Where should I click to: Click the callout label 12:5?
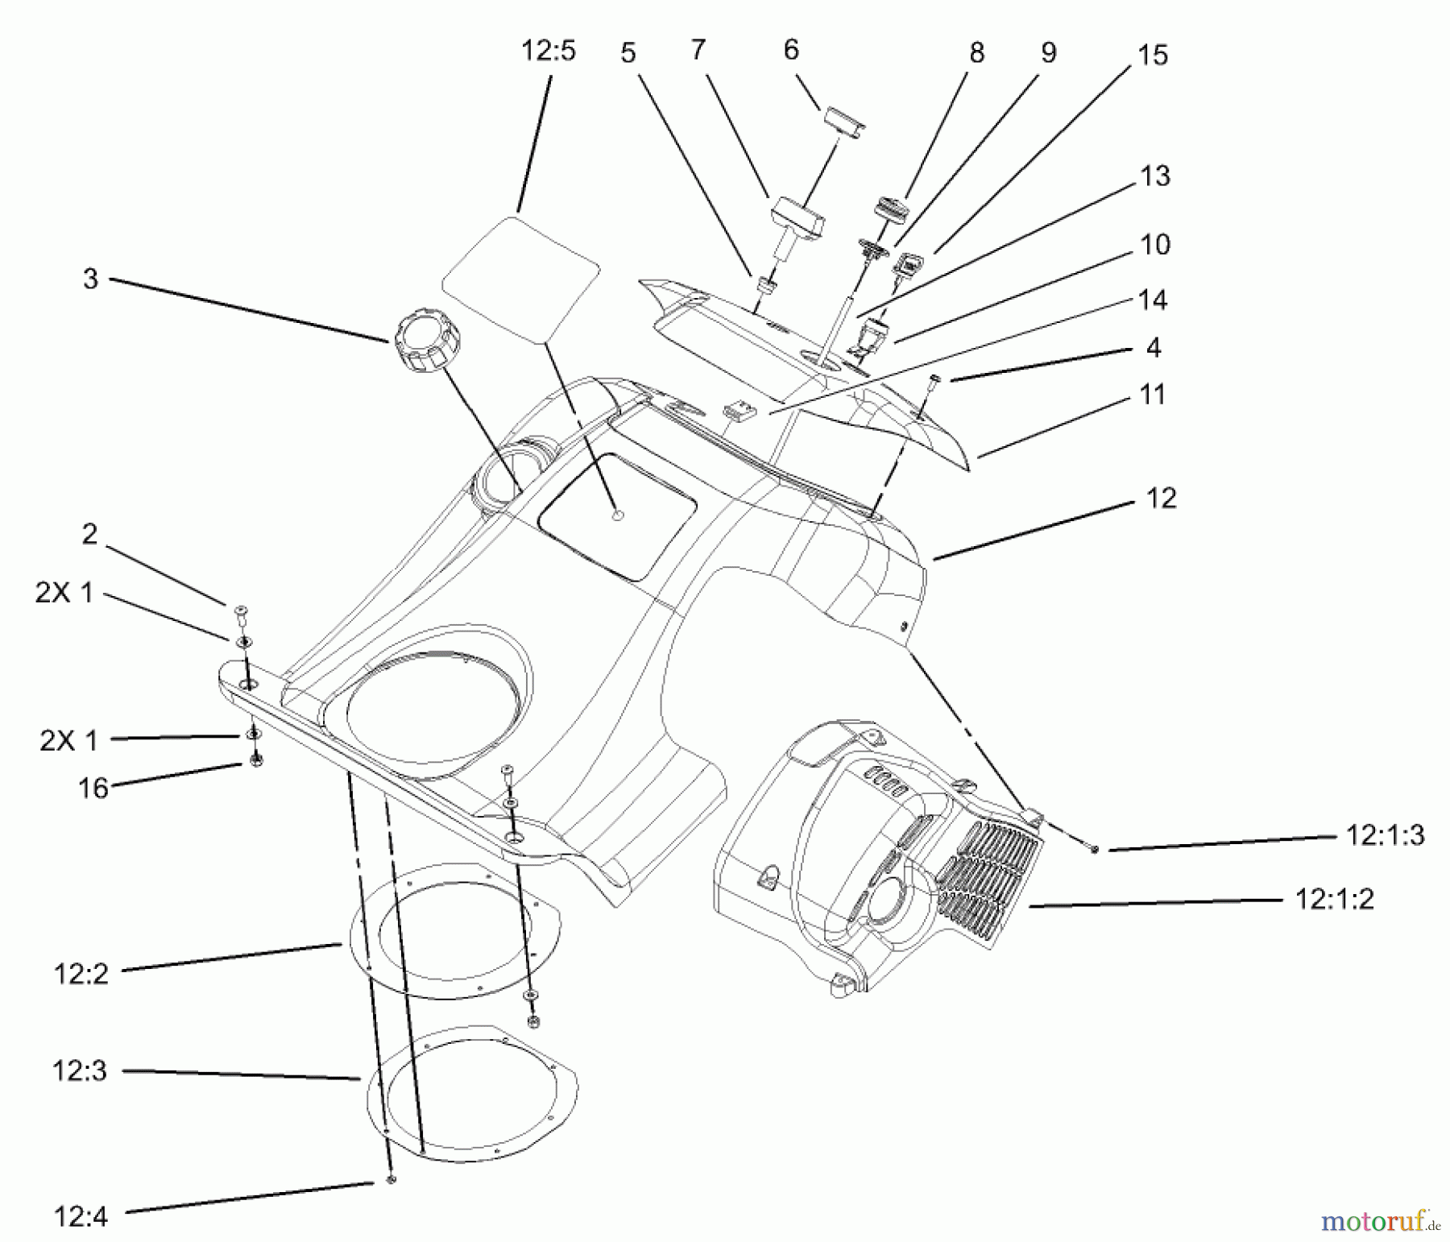tap(548, 52)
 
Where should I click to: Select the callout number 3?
tap(90, 279)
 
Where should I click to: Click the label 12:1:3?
tap(1385, 835)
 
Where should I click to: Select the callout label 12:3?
tap(80, 1071)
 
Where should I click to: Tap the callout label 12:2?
tap(81, 974)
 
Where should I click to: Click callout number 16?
tap(93, 788)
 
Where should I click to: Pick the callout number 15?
tap(1152, 56)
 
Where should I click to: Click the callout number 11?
tap(1153, 395)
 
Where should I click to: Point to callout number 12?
tap(1161, 498)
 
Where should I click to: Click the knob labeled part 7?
tap(797, 218)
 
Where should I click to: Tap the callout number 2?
tap(89, 534)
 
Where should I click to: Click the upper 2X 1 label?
tap(64, 593)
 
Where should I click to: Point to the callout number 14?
tap(1153, 300)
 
